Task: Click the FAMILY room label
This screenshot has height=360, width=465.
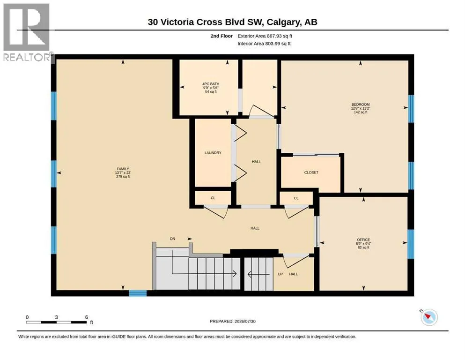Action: click(x=123, y=169)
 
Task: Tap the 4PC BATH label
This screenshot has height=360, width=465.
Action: click(x=211, y=84)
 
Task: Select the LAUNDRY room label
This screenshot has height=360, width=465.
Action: click(x=213, y=153)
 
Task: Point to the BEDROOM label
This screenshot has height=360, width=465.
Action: click(x=361, y=105)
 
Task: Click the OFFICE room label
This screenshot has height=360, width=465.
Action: click(x=363, y=240)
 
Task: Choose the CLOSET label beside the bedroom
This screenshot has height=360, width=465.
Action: click(x=311, y=172)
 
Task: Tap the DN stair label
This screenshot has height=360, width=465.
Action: click(x=173, y=239)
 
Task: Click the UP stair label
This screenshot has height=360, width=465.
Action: click(x=280, y=274)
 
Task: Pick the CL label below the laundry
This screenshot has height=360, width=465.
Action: click(x=213, y=198)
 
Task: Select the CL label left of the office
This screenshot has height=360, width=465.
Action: click(x=296, y=198)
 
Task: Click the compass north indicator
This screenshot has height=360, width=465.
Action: click(x=428, y=317)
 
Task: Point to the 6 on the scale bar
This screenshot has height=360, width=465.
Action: click(x=87, y=317)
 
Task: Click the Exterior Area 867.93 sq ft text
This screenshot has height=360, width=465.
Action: click(x=265, y=36)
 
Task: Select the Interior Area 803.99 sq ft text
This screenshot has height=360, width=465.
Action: click(x=264, y=44)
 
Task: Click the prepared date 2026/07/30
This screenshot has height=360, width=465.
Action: click(x=245, y=321)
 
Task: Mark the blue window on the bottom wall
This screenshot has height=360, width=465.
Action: click(x=138, y=293)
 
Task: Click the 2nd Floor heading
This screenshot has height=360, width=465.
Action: click(x=221, y=36)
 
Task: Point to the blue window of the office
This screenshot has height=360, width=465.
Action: click(x=411, y=244)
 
